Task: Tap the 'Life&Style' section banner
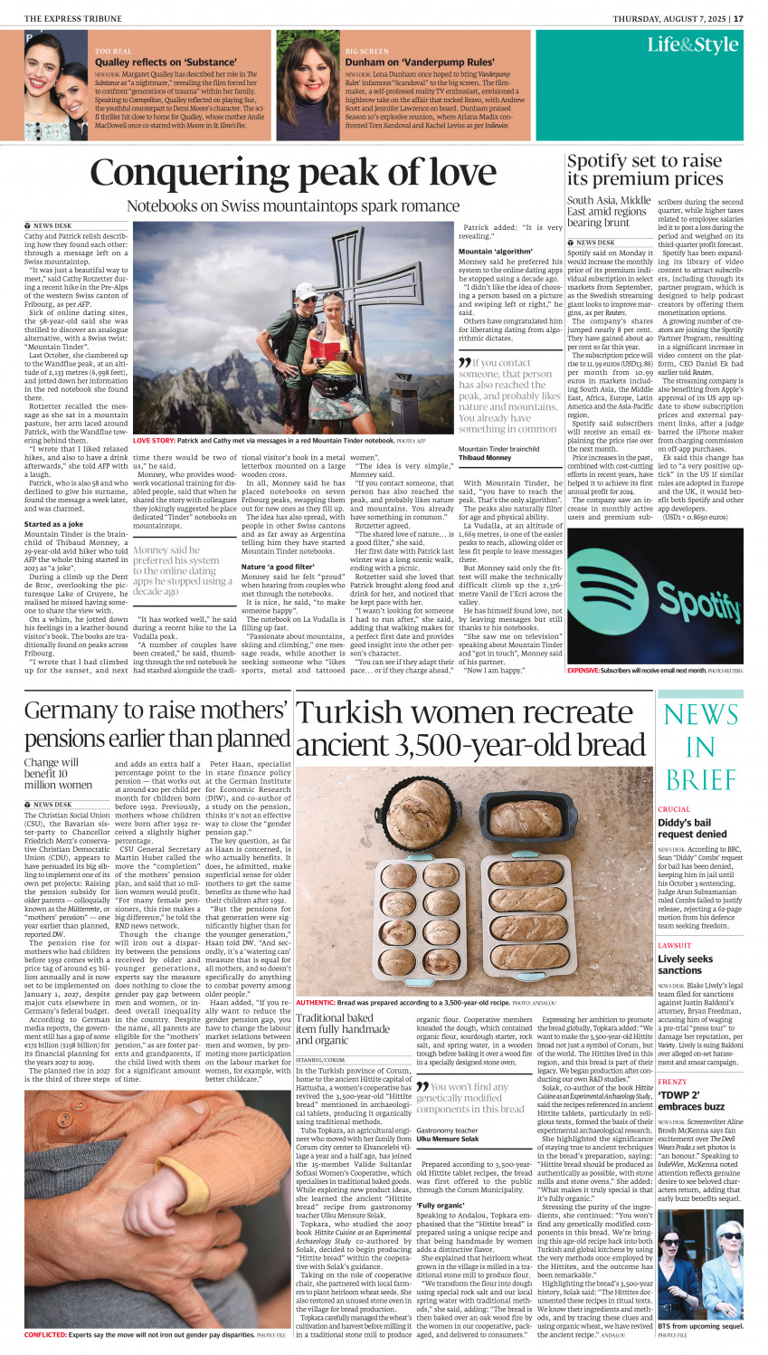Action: [x=692, y=44]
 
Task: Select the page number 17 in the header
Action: [x=738, y=18]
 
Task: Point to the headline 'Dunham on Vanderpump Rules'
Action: [x=420, y=62]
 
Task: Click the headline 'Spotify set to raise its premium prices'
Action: [x=644, y=169]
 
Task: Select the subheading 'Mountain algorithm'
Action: [x=495, y=252]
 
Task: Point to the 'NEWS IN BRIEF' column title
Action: [x=700, y=747]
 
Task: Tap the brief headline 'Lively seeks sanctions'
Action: [x=685, y=964]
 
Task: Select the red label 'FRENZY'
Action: [x=672, y=1082]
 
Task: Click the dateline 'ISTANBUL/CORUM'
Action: [x=320, y=1059]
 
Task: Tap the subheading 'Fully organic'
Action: [x=441, y=1206]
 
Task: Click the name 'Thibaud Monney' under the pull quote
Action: [x=485, y=458]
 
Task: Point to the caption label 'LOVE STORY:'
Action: [x=154, y=441]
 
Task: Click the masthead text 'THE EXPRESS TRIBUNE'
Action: [x=70, y=18]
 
